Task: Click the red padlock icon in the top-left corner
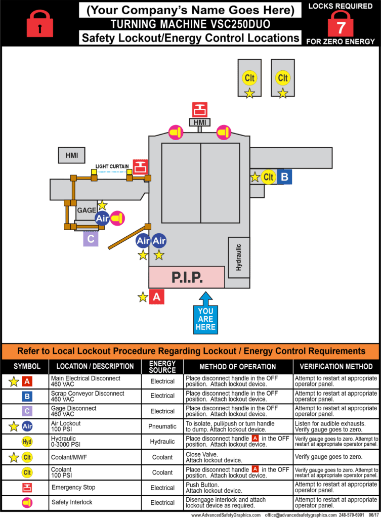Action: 40,23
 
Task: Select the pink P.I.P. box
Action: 187,277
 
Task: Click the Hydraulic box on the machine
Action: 239,257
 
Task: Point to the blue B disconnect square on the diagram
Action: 284,177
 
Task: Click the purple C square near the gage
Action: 91,239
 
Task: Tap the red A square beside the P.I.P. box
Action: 156,297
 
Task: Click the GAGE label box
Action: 86,210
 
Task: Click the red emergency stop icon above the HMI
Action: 199,109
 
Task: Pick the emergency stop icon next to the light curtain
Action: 140,166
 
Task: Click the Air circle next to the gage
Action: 102,219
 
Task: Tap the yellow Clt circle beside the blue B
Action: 269,177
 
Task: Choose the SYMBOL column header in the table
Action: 24,367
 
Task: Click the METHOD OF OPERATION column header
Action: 238,367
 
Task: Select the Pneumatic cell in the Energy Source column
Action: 162,426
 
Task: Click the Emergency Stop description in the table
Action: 73,488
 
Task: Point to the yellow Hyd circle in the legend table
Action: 27,442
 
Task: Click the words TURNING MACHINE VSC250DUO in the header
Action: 190,24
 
